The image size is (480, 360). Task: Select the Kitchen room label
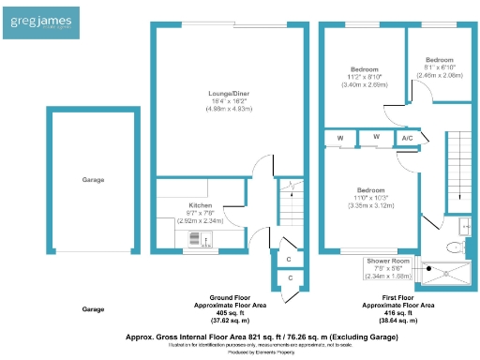pyautogui.click(x=201, y=205)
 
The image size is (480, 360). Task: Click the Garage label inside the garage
pyautogui.click(x=92, y=179)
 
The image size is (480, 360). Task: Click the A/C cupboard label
pyautogui.click(x=407, y=139)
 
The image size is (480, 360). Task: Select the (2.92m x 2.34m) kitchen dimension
pyautogui.click(x=201, y=221)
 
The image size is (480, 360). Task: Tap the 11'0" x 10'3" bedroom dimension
pyautogui.click(x=370, y=198)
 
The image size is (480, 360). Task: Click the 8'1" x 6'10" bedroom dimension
pyautogui.click(x=439, y=67)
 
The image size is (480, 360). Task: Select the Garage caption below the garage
pyautogui.click(x=92, y=308)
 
